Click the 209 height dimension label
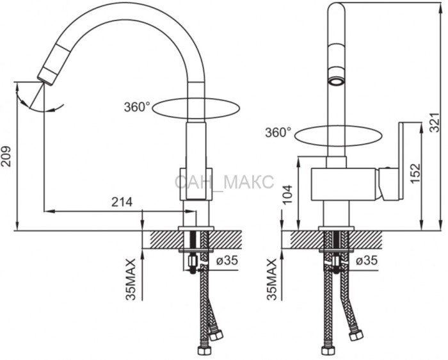6,156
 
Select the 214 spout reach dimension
122,202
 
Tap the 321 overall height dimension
435,122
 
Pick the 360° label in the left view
137,107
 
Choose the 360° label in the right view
278,133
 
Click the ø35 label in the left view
227,260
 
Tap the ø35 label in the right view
367,260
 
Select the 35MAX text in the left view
131,280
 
